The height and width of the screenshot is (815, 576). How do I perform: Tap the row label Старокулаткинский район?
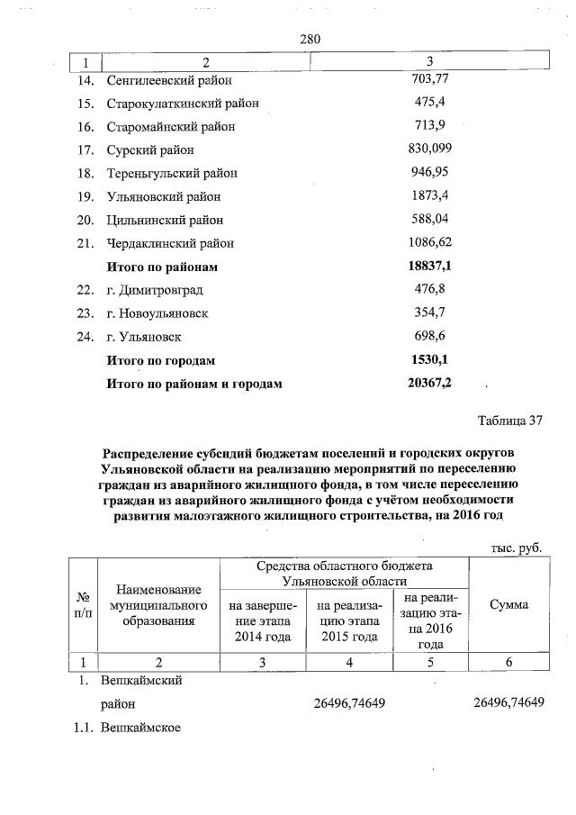[183, 103]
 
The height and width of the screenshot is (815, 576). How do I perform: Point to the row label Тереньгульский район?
[172, 173]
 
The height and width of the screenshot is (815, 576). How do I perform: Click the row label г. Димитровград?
[155, 290]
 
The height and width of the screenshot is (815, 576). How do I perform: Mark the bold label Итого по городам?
[161, 360]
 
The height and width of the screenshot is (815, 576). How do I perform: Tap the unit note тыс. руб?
[517, 547]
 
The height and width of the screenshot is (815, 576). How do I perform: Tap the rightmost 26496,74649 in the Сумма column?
[508, 702]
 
